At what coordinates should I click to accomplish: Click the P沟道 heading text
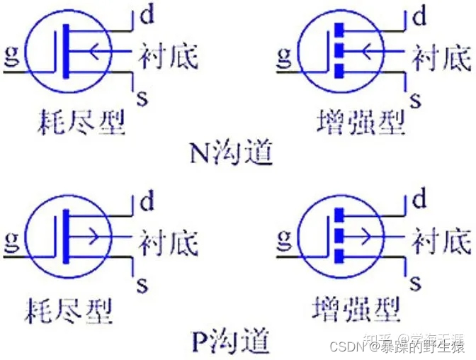pyautogui.click(x=230, y=342)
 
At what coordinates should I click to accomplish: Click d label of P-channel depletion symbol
pyautogui.click(x=147, y=203)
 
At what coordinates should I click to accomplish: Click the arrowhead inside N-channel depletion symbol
pyautogui.click(x=93, y=50)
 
